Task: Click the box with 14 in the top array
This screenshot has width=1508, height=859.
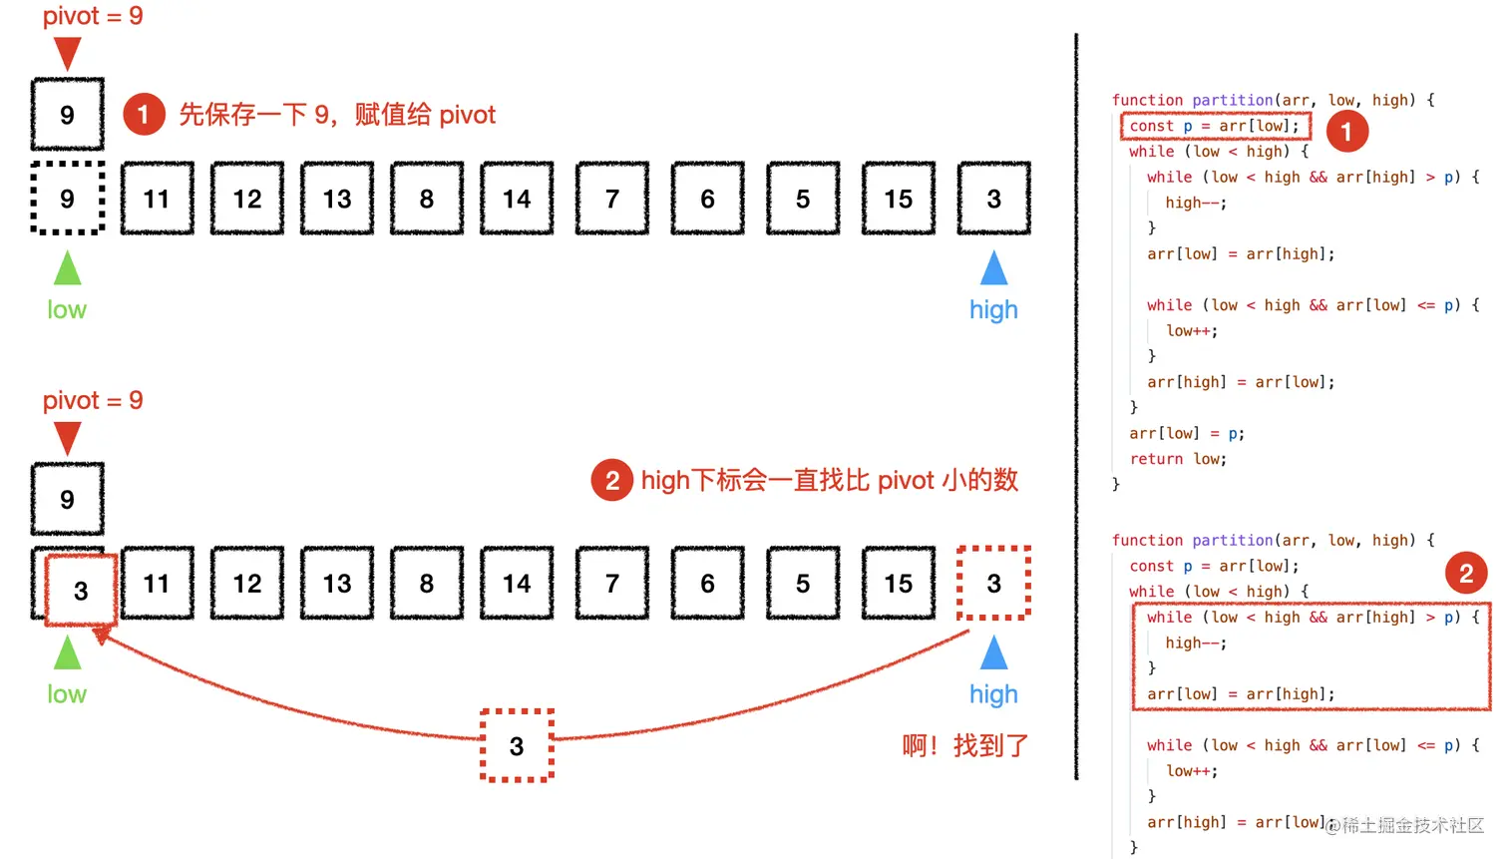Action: click(517, 199)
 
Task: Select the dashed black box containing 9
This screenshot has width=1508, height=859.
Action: click(67, 199)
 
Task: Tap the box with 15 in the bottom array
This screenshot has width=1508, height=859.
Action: click(898, 583)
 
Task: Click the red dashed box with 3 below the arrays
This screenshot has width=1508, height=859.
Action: click(517, 745)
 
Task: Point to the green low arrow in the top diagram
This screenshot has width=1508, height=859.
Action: click(67, 268)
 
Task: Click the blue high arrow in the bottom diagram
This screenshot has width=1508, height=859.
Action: click(993, 653)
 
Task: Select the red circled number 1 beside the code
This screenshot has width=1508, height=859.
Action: click(1346, 131)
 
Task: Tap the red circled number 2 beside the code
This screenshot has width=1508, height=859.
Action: click(1466, 573)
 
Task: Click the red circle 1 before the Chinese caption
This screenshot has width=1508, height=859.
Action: click(144, 115)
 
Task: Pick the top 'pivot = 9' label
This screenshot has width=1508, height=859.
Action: click(93, 16)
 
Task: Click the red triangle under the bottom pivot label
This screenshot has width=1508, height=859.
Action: click(67, 437)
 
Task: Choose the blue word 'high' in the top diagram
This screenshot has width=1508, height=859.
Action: click(993, 310)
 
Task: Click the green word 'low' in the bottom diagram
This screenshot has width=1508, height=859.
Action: click(67, 694)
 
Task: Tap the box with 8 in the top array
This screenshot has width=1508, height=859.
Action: click(427, 199)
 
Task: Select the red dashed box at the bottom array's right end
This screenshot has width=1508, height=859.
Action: click(993, 583)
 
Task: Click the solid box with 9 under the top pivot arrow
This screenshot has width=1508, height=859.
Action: click(67, 115)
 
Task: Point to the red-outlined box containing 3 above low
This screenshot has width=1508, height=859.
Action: click(81, 591)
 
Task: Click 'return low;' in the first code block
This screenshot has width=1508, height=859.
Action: click(1178, 459)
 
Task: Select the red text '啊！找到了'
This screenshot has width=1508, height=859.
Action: click(964, 745)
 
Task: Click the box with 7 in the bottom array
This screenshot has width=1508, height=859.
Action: click(612, 583)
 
